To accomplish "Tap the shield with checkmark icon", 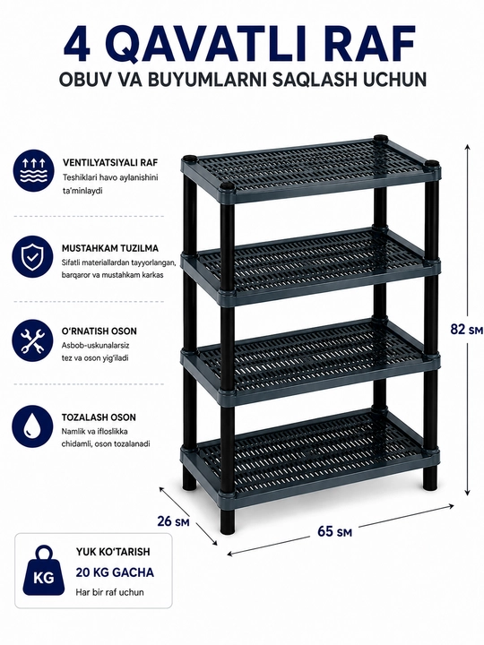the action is click(x=32, y=256).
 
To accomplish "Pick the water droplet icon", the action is click(x=32, y=425).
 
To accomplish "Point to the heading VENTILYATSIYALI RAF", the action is click(x=110, y=162).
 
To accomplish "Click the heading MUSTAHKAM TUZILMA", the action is click(x=110, y=248).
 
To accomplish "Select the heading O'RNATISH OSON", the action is click(x=99, y=331).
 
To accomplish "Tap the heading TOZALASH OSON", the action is click(x=99, y=417).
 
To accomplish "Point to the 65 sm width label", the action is click(x=334, y=531).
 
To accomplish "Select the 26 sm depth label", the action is click(x=173, y=520).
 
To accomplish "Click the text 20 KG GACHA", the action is click(x=115, y=572).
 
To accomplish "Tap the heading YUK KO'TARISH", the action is click(x=113, y=552).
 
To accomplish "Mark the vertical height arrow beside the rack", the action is click(x=467, y=320).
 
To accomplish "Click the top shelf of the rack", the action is click(x=311, y=169).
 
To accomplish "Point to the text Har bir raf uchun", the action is click(x=110, y=592).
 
